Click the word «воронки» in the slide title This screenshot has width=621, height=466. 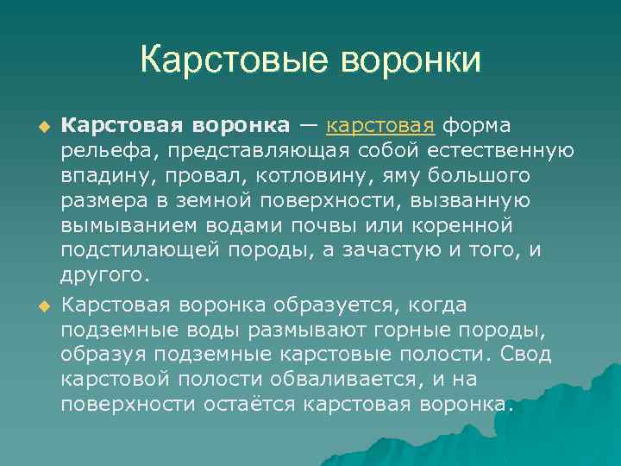[x=411, y=60]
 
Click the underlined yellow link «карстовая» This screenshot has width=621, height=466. [x=379, y=126]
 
